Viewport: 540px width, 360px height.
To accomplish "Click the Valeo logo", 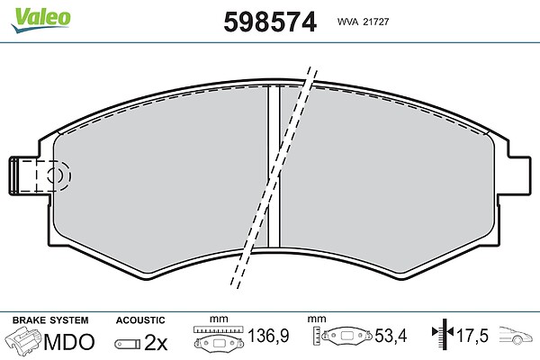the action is pos(40,20).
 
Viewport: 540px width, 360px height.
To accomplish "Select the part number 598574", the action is pos(270,22).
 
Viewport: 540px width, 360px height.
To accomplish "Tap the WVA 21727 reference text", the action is pos(363,22).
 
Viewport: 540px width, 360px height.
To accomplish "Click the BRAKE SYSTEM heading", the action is pos(50,320).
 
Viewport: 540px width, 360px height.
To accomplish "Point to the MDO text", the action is pos(69,342).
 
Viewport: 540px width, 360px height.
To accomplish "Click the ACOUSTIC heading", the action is pos(140,320).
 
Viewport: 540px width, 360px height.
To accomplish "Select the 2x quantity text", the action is pos(156,342).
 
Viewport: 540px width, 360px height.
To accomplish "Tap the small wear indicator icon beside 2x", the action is pos(128,344).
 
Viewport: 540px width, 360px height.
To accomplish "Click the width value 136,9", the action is pos(268,336).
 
